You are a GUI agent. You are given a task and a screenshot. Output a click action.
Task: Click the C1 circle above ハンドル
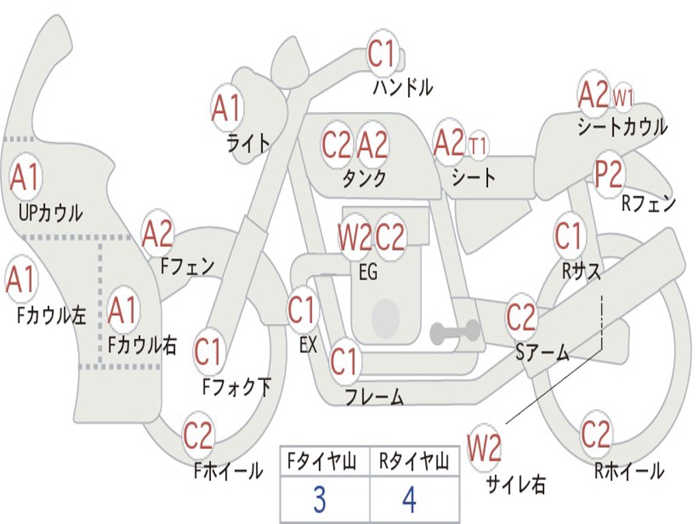pos(382,55)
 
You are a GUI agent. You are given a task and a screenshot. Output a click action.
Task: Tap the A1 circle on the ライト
pos(227,108)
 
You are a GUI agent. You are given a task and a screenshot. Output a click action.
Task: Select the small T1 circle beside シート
pos(478,145)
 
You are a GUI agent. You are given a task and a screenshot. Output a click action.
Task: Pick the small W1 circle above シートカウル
pos(623,98)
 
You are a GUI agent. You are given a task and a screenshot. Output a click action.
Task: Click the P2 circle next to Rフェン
pos(608,175)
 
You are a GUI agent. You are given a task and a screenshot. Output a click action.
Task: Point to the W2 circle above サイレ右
pos(484,448)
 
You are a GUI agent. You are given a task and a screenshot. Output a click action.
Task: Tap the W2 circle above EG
pos(355,237)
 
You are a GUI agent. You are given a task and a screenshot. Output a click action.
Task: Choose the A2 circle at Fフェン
pos(158,234)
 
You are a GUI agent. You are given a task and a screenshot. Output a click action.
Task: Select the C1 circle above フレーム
pos(344,361)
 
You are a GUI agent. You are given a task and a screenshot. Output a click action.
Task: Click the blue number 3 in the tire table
pos(319,501)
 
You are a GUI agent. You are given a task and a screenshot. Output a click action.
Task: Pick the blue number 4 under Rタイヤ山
pos(409,501)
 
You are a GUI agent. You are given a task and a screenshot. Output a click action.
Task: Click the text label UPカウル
pos(50,213)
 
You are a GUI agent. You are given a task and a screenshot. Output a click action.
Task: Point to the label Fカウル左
pos(52,315)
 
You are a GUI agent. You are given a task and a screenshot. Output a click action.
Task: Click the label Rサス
pos(581,271)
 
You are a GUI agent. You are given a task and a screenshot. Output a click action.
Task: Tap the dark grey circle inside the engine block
pos(386,318)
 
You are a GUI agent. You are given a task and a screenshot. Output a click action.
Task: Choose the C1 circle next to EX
pos(302,310)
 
